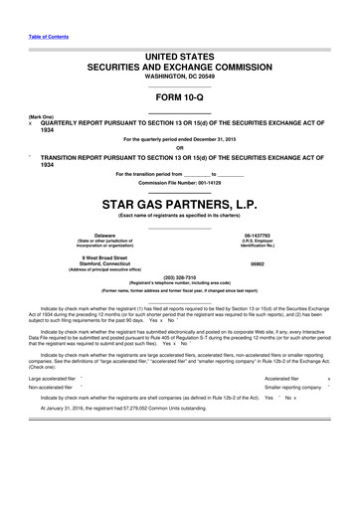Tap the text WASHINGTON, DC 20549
point(179,76)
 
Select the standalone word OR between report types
point(179,147)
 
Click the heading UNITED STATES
point(179,56)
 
